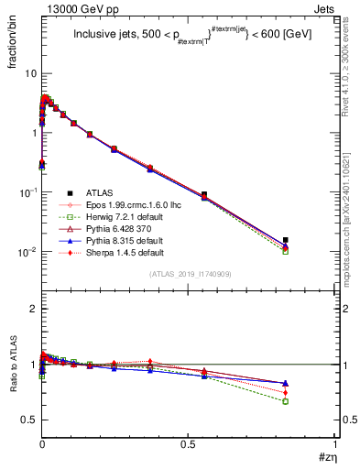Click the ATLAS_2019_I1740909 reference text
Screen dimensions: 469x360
pyautogui.click(x=190, y=275)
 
